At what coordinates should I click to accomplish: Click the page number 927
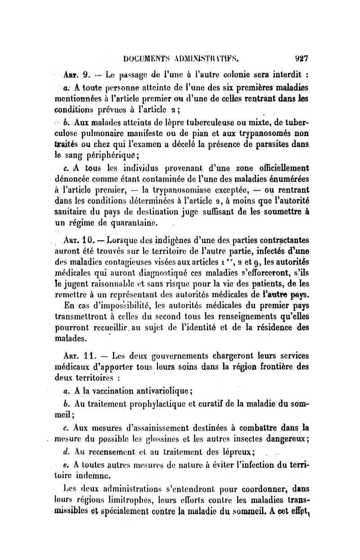click(x=301, y=58)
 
